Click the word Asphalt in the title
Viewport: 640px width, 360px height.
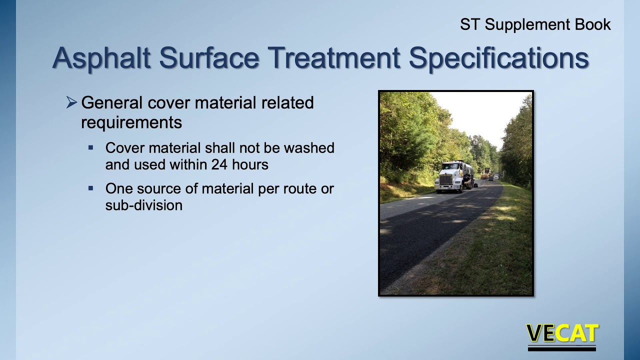point(101,58)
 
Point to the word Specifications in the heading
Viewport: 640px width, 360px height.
point(498,58)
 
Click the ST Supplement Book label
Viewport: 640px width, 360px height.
point(535,24)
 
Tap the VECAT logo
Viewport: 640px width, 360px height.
point(562,334)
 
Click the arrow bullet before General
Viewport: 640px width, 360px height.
point(71,103)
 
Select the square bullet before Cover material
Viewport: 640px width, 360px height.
point(91,148)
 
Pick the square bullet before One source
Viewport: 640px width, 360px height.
point(91,188)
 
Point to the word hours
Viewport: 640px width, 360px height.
point(252,164)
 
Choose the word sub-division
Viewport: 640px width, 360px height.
point(143,205)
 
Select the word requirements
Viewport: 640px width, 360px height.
point(131,122)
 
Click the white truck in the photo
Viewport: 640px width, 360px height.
point(452,178)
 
